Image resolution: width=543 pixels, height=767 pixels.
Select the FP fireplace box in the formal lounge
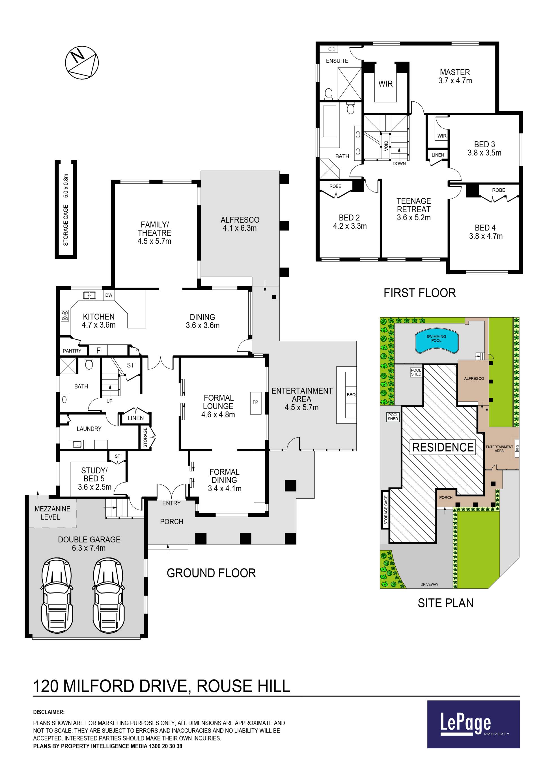255,402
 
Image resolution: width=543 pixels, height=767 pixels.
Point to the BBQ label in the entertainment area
351,395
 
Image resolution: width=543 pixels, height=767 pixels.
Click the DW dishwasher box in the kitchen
109,295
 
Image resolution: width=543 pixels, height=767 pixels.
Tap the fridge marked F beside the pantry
98,350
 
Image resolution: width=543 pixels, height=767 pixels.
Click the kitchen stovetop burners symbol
65,315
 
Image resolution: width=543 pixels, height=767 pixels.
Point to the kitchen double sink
89,295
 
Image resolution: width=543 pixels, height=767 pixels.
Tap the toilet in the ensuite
328,93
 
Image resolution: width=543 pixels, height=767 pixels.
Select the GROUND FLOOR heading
211,573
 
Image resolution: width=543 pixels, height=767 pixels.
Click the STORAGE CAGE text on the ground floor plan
66,225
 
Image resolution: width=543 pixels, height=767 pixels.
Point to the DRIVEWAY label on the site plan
429,585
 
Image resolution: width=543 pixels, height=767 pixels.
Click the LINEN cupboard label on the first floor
438,155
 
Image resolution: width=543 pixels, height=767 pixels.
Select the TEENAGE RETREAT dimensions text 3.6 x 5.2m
413,218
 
